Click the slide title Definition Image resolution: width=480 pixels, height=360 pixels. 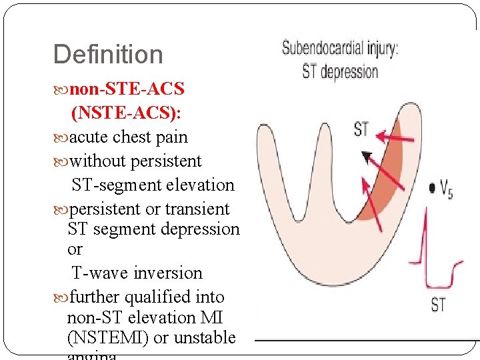[107, 55]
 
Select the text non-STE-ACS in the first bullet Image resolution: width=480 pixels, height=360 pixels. [127, 89]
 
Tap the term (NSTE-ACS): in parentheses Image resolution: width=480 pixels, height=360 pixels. [126, 113]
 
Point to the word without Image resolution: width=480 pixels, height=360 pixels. [97, 161]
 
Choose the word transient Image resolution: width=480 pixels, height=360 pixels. [197, 209]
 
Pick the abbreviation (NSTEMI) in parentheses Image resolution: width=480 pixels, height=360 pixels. [108, 337]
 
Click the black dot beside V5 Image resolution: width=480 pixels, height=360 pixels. [433, 189]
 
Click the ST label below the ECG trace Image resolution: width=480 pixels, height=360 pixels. [438, 305]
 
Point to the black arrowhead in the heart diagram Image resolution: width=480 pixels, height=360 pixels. [366, 157]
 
